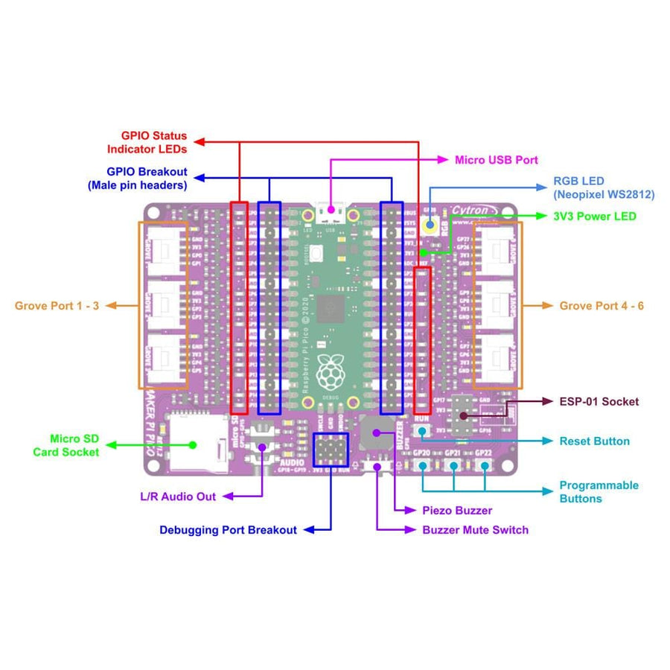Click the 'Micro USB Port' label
point(496,159)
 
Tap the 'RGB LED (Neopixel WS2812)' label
point(603,188)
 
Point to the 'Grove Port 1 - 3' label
point(57,305)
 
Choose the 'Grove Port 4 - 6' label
point(602,305)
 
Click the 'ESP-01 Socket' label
point(599,401)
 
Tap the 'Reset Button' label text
point(594,441)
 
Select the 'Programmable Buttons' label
point(599,491)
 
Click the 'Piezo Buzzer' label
point(457,511)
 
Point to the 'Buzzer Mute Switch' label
point(475,530)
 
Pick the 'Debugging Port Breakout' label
point(228,530)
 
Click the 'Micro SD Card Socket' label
point(66,445)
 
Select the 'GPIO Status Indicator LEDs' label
point(153,142)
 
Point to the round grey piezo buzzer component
point(375,429)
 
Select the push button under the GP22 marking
point(485,465)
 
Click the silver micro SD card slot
point(195,444)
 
